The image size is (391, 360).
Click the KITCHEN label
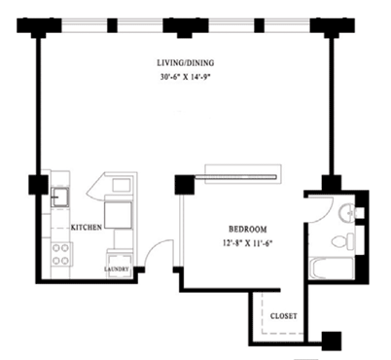click(87, 225)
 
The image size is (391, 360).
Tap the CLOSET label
click(284, 316)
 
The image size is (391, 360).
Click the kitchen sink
click(59, 197)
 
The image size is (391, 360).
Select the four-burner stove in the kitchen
click(60, 255)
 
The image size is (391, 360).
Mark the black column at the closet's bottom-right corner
click(332, 340)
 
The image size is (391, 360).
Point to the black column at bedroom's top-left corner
click(183, 185)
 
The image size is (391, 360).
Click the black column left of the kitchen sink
click(39, 183)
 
